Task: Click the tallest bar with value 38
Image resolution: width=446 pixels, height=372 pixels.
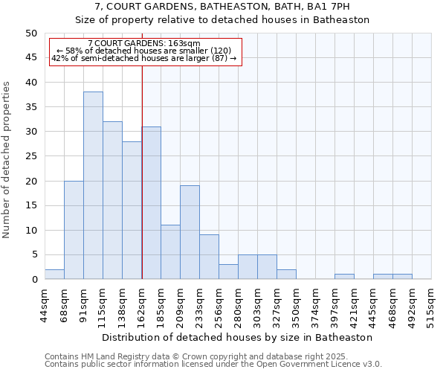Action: (x=93, y=185)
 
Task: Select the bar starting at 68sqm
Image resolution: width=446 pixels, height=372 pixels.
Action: (x=74, y=230)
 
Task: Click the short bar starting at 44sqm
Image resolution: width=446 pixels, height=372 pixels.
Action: (x=54, y=275)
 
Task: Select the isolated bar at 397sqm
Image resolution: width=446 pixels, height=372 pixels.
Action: (x=344, y=277)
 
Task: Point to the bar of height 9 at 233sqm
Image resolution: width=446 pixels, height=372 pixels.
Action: (x=209, y=257)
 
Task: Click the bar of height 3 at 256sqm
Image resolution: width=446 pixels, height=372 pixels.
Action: (x=228, y=272)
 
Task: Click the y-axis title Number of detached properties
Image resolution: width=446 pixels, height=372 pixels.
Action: (x=7, y=160)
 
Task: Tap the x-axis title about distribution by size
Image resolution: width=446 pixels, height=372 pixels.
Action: (x=237, y=337)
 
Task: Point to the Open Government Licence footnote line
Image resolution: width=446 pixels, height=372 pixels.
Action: (x=213, y=365)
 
